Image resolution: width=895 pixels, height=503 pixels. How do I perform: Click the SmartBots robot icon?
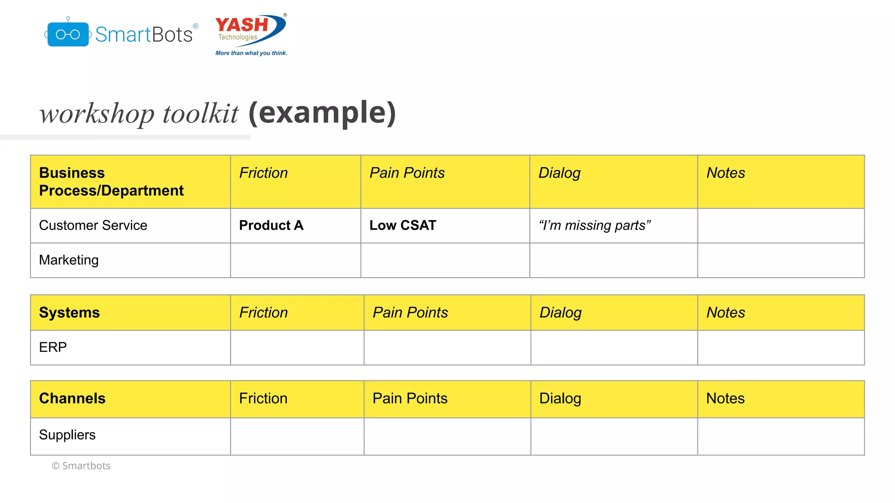point(68,34)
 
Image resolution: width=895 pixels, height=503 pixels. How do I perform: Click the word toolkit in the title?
point(201,114)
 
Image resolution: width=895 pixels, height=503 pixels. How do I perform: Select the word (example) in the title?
point(322,113)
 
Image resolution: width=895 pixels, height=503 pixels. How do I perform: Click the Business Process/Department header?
point(111,182)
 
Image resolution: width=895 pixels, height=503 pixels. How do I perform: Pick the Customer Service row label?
point(93,225)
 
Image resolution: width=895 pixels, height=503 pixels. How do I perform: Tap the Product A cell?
point(271,225)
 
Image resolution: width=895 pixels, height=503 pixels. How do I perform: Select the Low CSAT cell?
point(402,225)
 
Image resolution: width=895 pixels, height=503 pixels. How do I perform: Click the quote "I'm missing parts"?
point(594,225)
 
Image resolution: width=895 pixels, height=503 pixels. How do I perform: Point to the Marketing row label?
point(69,260)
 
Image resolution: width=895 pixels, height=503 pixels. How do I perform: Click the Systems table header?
point(69,313)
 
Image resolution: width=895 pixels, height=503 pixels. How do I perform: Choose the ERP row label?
point(53,347)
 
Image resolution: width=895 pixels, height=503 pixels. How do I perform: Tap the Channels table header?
point(72,398)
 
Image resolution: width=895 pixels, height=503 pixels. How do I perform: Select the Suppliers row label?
point(67,435)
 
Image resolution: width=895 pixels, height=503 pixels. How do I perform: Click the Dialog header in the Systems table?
point(560,313)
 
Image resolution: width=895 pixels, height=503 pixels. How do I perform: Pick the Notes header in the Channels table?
point(725,398)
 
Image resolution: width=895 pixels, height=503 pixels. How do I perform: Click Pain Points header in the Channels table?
point(410,398)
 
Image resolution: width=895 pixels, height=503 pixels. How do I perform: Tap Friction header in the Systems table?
point(264,313)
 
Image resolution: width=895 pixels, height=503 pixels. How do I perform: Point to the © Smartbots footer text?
point(81,466)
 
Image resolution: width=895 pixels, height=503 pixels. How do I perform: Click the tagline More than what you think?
point(251,53)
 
